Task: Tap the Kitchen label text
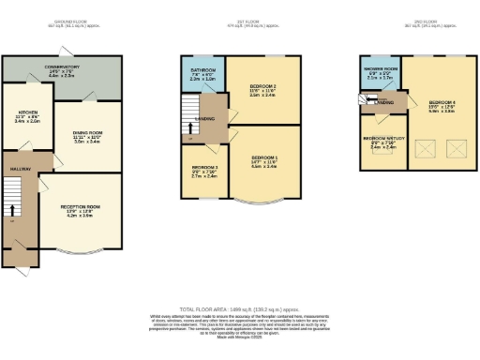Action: [27, 111]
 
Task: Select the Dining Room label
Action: [86, 134]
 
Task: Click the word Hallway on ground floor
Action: [20, 169]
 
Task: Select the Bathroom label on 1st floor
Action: [203, 70]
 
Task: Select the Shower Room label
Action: [373, 70]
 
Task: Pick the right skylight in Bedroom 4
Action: [457, 147]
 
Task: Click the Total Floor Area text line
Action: [240, 308]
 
